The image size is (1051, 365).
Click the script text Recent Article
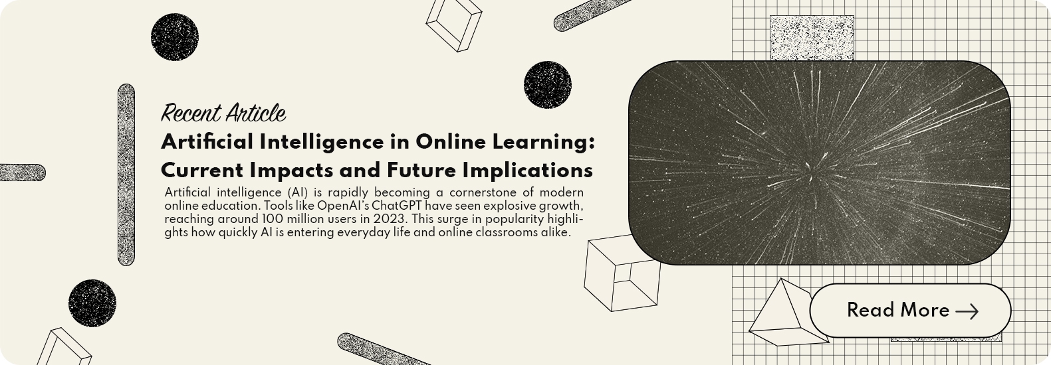223,113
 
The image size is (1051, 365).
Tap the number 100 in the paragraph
270,219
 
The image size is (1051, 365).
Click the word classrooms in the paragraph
498,232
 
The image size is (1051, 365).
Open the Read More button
910,310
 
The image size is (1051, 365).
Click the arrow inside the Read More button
967,311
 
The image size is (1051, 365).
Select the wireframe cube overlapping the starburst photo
622,273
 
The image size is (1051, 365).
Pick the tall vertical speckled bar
126,175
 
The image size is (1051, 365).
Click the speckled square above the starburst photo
812,38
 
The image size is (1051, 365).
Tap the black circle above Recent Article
175,37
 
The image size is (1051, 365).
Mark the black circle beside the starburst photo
548,85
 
